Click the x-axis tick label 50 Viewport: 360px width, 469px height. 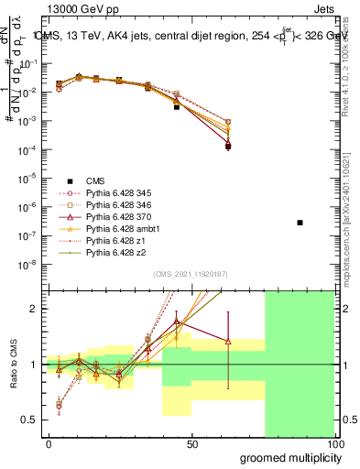[x=191, y=442]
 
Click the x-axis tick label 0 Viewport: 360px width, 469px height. [x=49, y=442]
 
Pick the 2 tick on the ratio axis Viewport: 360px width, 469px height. [x=35, y=309]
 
